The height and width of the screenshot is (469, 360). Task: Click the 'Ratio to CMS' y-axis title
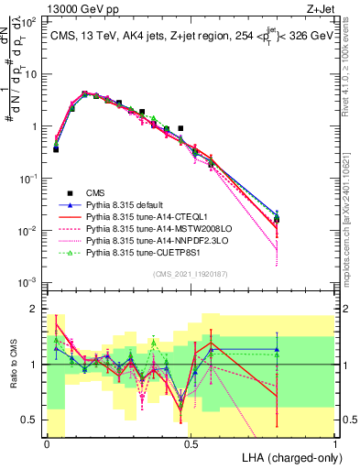pos(12,365)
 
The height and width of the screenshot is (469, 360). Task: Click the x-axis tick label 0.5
pos(191,442)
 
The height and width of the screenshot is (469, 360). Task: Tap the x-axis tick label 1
pos(334,442)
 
